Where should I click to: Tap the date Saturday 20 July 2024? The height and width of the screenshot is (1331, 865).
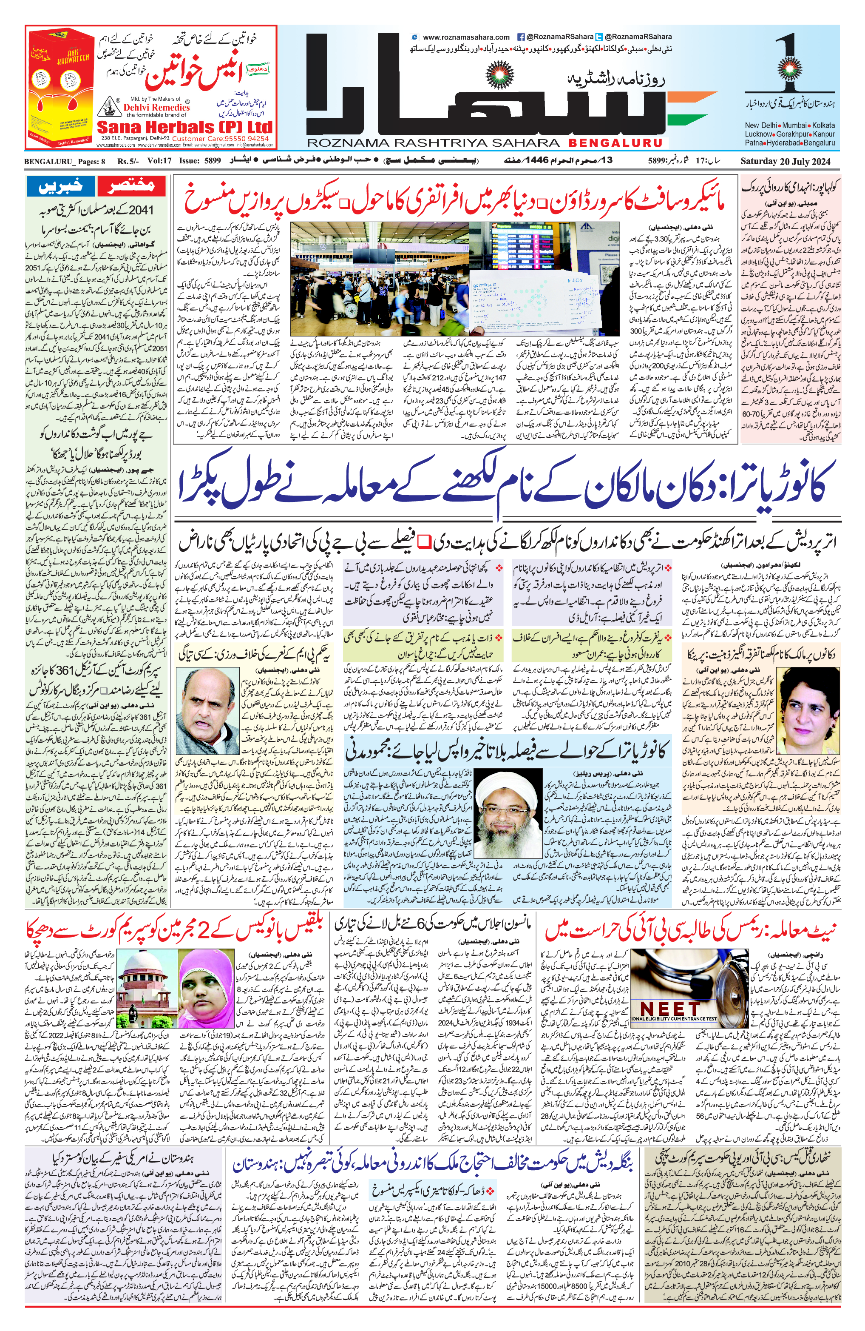point(786,162)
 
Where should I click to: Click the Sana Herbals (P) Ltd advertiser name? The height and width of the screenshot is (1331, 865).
point(184,126)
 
